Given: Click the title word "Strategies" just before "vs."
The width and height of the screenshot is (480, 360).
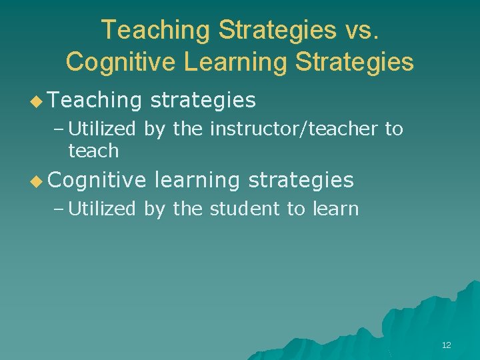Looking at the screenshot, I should (x=277, y=30).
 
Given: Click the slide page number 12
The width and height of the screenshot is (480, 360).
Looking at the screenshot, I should (x=446, y=345).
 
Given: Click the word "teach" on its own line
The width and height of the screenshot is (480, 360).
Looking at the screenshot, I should (x=93, y=151).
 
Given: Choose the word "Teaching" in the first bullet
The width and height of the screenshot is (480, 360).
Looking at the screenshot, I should (x=95, y=100).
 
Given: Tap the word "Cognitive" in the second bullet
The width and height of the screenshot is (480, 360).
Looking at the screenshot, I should (x=97, y=180).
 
